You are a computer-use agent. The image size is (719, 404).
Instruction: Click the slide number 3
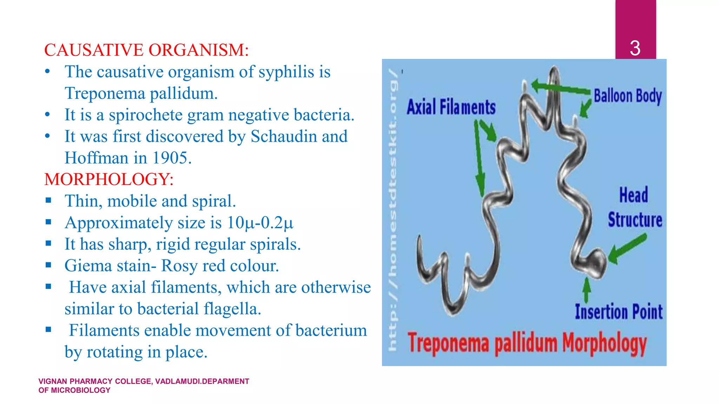coord(635,48)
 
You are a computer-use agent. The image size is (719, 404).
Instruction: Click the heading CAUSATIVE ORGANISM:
coord(146,50)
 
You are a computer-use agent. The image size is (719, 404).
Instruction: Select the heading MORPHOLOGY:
coord(109,179)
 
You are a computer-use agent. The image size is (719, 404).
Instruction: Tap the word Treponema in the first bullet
coord(105,94)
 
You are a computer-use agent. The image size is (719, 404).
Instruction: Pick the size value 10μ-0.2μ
coord(260,223)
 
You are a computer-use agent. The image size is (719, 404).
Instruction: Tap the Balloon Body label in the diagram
coord(627,96)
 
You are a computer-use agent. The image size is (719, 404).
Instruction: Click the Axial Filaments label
coord(451,107)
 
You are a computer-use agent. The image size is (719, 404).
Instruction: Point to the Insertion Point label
coord(619,312)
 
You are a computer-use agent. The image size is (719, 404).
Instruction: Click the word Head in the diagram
coord(633,195)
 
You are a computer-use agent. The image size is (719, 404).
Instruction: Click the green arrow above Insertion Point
coord(586,290)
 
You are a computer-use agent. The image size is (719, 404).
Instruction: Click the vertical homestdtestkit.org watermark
coord(393,210)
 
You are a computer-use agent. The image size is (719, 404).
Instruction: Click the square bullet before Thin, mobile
coord(48,201)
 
